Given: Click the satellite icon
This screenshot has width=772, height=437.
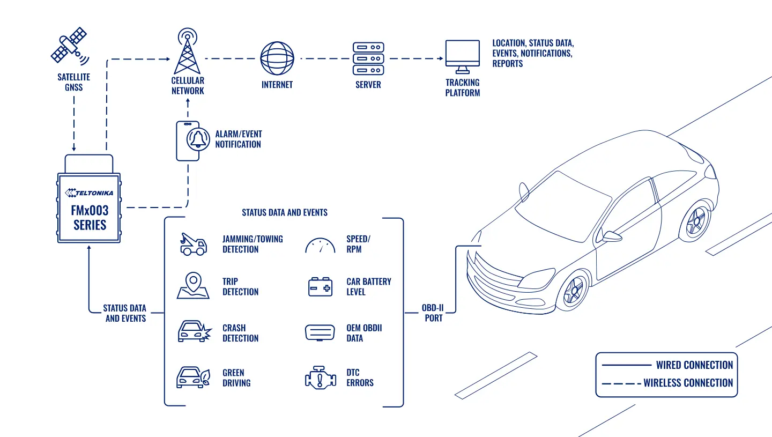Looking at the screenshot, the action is coord(70,46).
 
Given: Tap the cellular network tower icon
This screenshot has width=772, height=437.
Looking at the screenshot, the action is coord(187,51).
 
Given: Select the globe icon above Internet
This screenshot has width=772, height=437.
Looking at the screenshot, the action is coord(277,58).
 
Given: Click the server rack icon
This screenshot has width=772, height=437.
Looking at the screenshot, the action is coord(368,58).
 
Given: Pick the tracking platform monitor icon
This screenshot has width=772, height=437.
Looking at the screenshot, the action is coord(463,56).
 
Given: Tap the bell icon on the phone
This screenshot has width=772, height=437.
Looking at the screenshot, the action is coord(198,139).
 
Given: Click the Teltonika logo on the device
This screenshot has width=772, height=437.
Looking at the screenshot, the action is coord(89,192).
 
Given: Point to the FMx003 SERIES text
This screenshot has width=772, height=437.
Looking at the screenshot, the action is coord(90,218).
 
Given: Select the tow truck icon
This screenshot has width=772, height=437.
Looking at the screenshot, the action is coord(194,244).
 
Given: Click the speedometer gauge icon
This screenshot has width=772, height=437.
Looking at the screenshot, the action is coord(320,246).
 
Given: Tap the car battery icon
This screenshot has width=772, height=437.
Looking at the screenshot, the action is coord(320,286).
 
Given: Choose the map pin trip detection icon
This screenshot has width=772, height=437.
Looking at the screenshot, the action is coord(193,285).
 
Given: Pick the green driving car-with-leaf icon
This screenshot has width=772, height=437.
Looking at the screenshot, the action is coord(194,377).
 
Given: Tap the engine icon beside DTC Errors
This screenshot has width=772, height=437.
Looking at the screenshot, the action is coord(321,377).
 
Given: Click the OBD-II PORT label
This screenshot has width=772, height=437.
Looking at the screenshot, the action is coord(433,313).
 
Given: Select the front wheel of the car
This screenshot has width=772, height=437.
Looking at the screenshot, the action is coord(573,291).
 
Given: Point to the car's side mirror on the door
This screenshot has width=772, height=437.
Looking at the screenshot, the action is coord(611,236).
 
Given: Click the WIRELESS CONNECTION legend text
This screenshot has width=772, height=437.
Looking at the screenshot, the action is coord(688,383).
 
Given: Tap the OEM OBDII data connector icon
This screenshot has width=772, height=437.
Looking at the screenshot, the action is coord(320,332).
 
